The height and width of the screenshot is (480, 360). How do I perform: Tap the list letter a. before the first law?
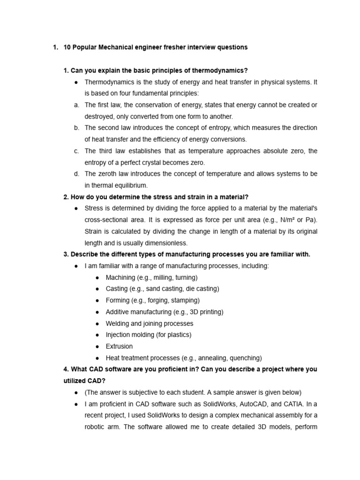[76, 105]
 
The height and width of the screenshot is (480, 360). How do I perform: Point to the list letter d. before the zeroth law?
[76, 173]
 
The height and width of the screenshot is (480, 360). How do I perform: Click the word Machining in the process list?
[120, 277]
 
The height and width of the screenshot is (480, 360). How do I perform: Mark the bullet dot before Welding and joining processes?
[97, 323]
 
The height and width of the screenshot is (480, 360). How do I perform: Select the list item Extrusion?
[119, 346]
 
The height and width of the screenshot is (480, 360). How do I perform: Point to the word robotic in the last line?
[96, 427]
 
